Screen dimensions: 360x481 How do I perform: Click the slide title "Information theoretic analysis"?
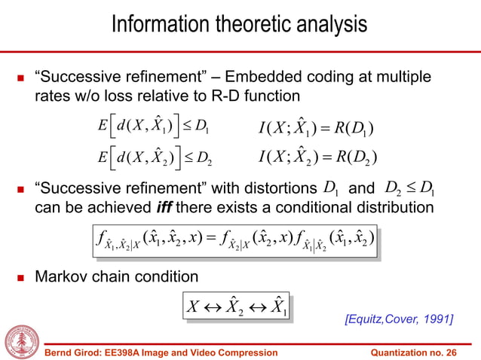click(x=240, y=24)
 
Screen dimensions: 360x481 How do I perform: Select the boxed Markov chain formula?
click(x=236, y=307)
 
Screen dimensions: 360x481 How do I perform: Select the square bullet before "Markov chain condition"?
click(x=17, y=276)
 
